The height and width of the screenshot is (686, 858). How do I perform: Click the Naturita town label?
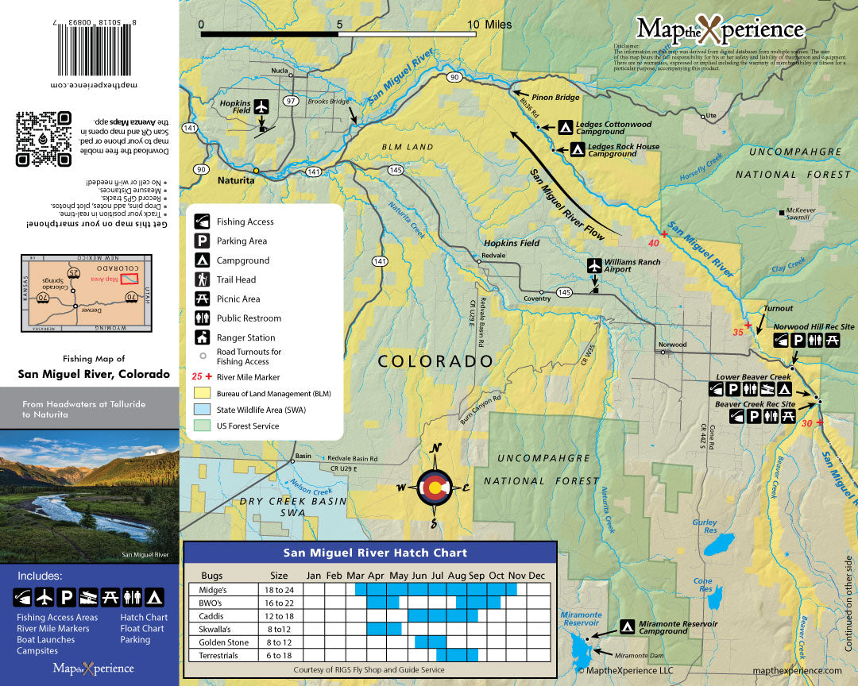[237, 181]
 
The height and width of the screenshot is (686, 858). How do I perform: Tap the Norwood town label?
[672, 345]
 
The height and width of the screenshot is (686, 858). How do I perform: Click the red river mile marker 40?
[655, 243]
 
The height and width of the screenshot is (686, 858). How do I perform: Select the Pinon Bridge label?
[556, 98]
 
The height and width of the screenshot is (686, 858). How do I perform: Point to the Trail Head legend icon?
[203, 279]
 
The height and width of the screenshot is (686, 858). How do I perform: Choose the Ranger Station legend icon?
[203, 337]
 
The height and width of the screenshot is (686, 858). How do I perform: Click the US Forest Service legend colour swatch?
[203, 426]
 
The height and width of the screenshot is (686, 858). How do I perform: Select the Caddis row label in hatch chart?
[213, 615]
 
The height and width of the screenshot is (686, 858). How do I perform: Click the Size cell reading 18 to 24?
[279, 590]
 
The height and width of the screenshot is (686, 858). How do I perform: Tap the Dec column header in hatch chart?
[537, 575]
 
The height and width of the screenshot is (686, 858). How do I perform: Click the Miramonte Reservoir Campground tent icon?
[628, 626]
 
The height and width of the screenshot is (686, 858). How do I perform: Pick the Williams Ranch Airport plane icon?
[594, 264]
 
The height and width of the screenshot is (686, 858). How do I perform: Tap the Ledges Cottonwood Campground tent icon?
[565, 126]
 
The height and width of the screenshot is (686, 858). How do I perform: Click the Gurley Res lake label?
[705, 526]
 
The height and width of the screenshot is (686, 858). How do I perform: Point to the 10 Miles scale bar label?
[489, 25]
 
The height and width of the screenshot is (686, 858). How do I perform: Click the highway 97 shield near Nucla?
[292, 101]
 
